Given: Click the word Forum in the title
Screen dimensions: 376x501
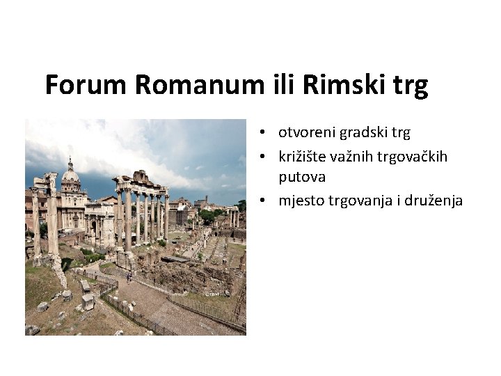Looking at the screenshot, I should [x=86, y=85].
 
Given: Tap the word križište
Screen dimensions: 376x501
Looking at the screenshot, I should [x=304, y=157].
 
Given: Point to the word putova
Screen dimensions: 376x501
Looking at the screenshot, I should [x=302, y=178].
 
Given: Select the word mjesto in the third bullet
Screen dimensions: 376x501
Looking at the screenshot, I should [x=301, y=201].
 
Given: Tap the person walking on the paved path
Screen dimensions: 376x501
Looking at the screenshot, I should [x=128, y=277].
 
